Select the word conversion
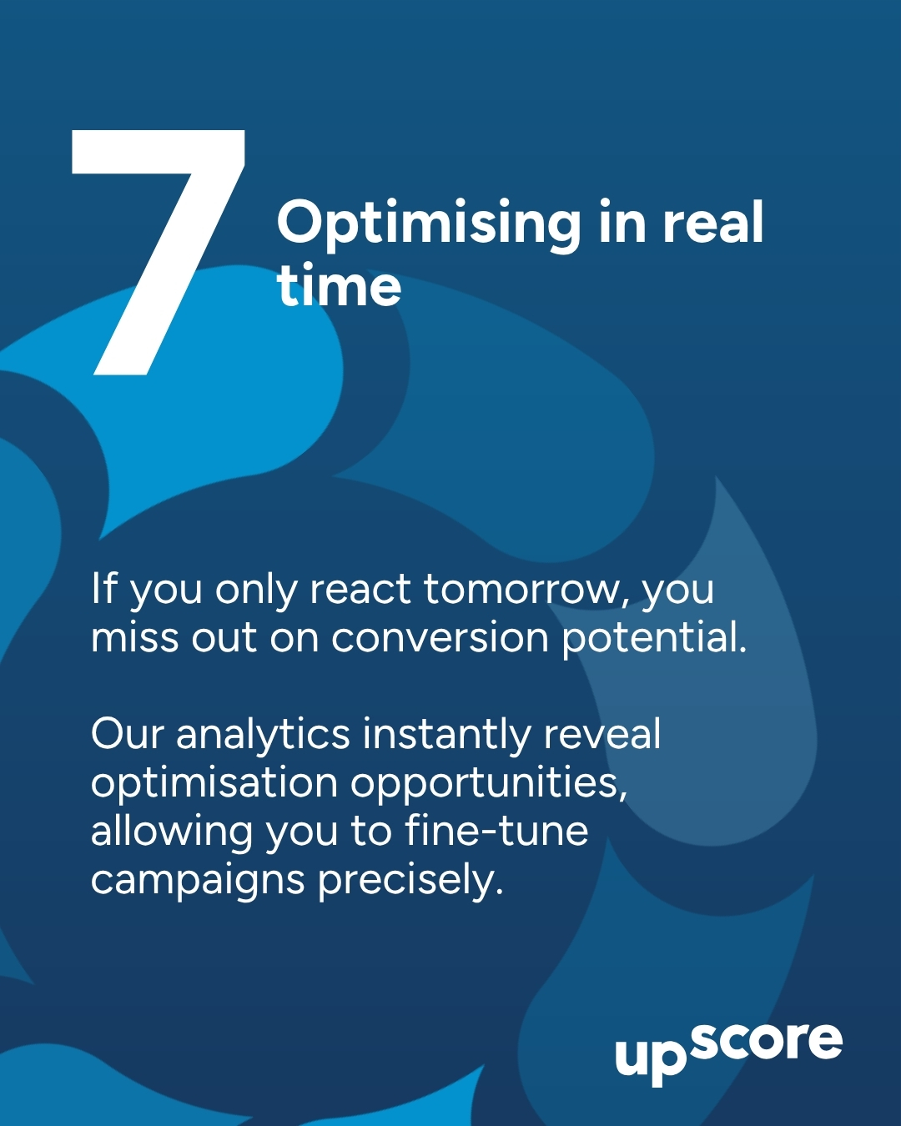click(x=440, y=638)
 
